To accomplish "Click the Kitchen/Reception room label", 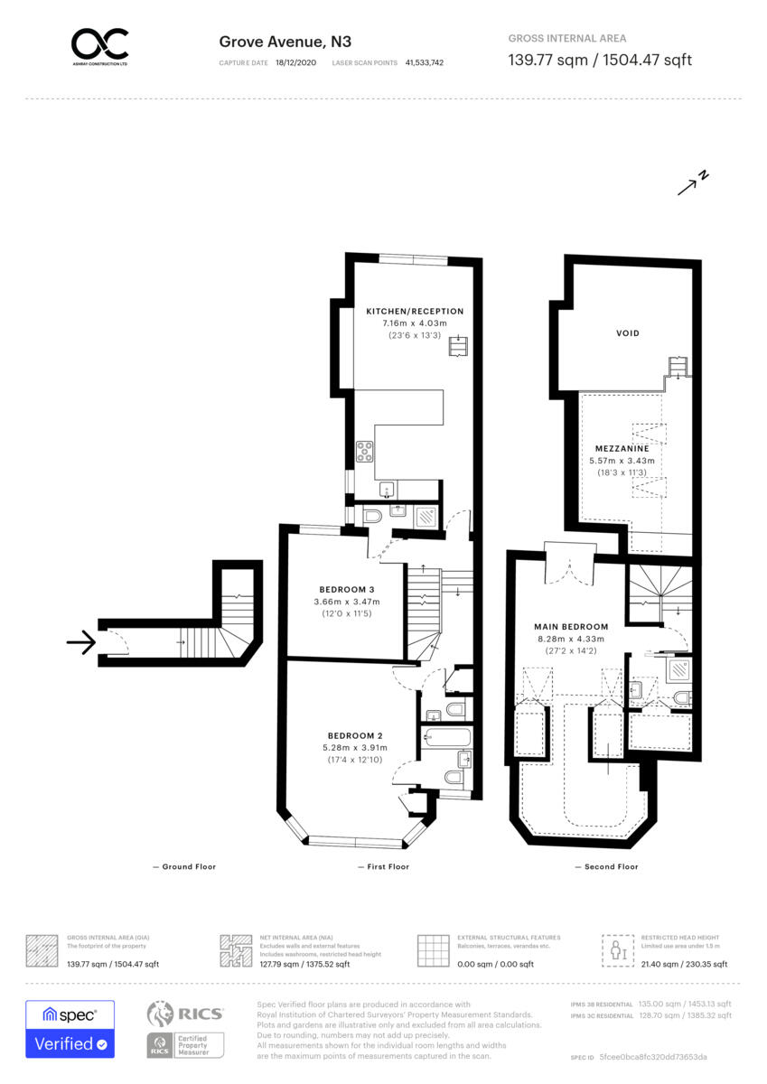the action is point(415,311).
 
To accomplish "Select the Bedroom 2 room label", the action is point(357,735).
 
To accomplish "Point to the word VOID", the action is point(627,333).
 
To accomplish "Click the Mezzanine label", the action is point(622,448).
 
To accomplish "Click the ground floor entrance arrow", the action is point(80,643).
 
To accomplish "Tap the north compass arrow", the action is point(693,183).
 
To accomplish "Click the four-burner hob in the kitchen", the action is point(366,451).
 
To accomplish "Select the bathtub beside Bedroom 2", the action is point(446,737).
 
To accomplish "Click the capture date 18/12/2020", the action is point(295,63).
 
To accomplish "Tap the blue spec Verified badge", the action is point(70,1029).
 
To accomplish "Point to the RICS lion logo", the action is point(160,1015).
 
